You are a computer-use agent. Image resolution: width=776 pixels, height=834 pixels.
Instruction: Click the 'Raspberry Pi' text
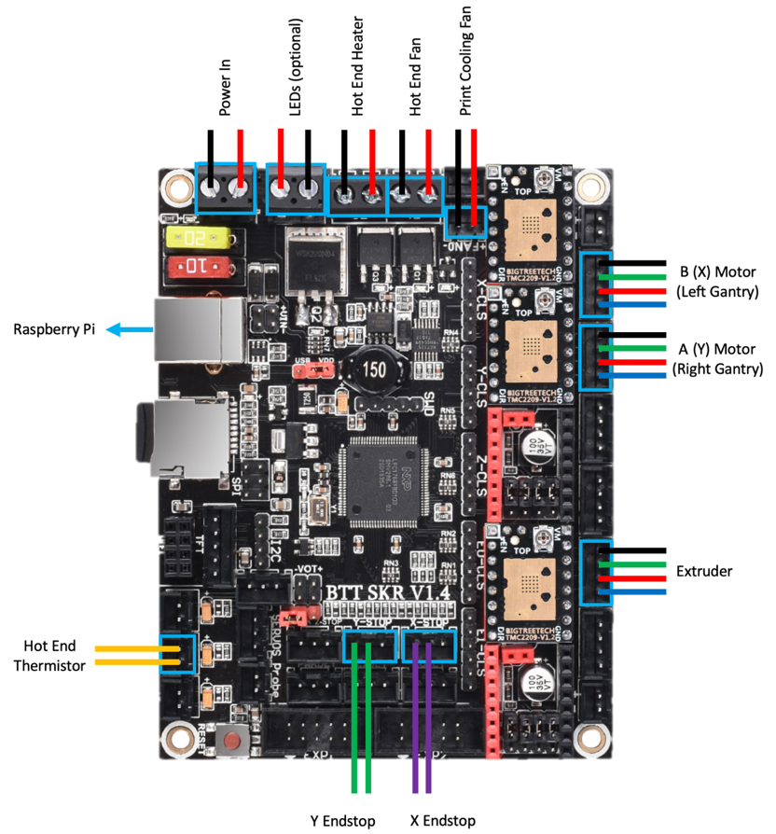[51, 329]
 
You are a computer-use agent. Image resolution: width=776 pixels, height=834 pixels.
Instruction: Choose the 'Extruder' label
[704, 569]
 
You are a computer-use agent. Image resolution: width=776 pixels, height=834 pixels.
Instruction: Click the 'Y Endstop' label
[342, 821]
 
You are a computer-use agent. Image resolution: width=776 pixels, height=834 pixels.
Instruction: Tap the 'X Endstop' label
[442, 821]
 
